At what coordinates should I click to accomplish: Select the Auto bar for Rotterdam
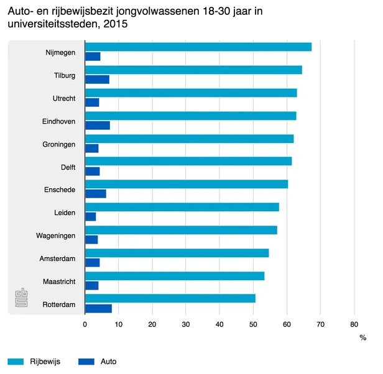coord(98,308)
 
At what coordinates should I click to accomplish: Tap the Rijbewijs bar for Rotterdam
coord(170,298)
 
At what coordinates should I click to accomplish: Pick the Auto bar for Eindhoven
coord(97,125)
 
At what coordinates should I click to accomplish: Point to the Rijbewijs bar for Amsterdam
coord(177,253)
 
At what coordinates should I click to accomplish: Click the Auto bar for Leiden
coord(90,217)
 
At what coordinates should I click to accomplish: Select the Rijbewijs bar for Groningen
coord(189,139)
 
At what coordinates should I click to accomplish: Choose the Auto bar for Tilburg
coord(97,80)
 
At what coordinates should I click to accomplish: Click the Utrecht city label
coord(64,98)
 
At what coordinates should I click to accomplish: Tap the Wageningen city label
coord(56,235)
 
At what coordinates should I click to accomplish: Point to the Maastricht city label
coord(60,281)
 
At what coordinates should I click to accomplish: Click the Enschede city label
coord(60,189)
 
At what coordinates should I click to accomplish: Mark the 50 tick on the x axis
coord(253,324)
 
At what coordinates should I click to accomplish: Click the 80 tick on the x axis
coord(354,324)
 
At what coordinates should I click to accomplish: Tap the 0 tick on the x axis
coord(85,324)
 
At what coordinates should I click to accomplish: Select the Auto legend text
coord(108,362)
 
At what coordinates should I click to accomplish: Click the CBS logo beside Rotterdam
coord(22,298)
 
